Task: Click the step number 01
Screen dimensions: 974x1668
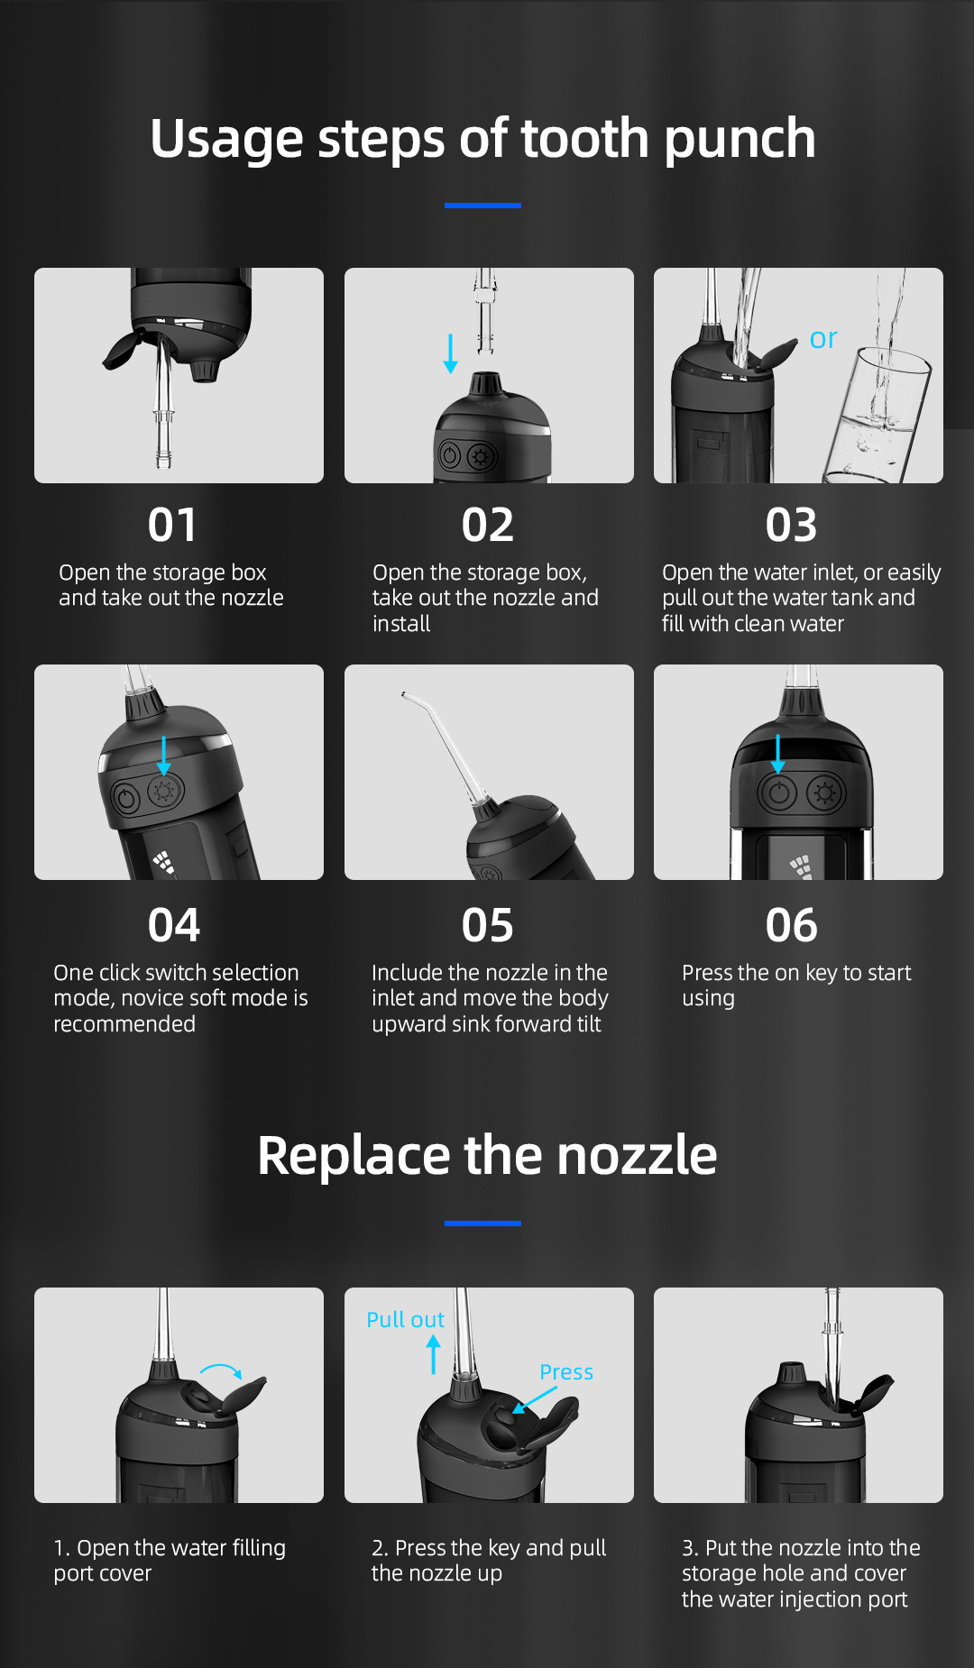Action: [172, 525]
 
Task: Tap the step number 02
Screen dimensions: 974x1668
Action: [488, 525]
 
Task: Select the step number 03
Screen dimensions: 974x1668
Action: [792, 525]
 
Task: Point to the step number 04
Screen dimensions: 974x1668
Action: [174, 925]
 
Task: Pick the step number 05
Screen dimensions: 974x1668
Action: [488, 925]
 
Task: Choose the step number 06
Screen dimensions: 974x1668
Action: [792, 925]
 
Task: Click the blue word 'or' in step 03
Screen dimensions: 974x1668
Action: [823, 339]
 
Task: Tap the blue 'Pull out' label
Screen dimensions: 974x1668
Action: [405, 1320]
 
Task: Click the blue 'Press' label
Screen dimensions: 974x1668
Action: [566, 1372]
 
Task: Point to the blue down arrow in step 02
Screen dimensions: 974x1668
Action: [450, 353]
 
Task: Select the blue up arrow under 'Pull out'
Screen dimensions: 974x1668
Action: [434, 1354]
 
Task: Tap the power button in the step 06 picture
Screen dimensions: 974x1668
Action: [778, 794]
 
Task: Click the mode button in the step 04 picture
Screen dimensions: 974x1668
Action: [165, 792]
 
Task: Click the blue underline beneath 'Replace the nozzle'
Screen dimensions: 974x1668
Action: [482, 1224]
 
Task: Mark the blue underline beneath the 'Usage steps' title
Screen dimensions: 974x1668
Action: [482, 206]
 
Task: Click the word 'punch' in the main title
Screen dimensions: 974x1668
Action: [740, 141]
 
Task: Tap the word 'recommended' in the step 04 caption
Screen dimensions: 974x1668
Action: [124, 1024]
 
